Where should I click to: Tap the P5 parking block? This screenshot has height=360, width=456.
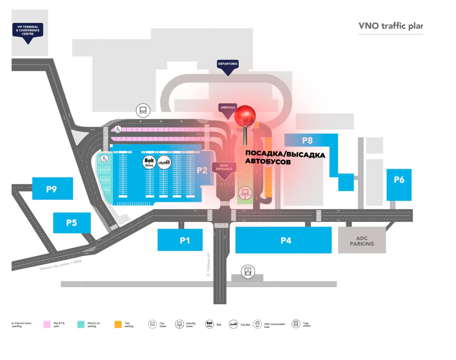[x=72, y=222]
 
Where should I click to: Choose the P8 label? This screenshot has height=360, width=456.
[x=307, y=140]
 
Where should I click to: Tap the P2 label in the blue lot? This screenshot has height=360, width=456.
[x=202, y=170]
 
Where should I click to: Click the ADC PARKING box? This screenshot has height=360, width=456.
[x=361, y=240]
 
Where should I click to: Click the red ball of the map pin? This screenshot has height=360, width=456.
[x=245, y=116]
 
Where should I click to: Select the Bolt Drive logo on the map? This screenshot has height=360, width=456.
[x=149, y=162]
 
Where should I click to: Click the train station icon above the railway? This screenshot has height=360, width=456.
[x=247, y=271]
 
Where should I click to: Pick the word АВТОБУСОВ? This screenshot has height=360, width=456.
[x=267, y=163]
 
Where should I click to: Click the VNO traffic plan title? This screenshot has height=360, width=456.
[x=390, y=26]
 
